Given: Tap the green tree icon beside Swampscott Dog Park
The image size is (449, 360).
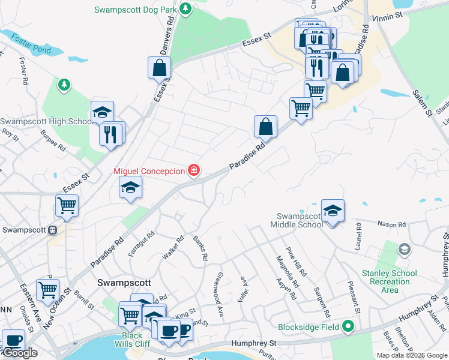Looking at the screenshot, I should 187,8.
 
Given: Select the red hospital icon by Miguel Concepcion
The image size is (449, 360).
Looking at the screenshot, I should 194,171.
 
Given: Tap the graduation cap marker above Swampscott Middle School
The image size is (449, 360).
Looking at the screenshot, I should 333,210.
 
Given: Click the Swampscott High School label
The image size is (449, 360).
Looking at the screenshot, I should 46,121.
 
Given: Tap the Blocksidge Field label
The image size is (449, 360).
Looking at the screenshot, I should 309,328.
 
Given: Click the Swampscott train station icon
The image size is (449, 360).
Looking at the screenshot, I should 53,230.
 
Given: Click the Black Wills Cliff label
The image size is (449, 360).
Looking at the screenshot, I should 133,340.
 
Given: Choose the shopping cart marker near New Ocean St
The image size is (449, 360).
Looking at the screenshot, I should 47,290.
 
